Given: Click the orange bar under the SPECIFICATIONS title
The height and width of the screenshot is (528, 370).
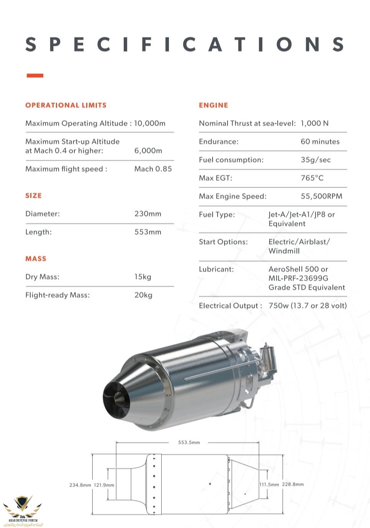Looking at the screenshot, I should [35, 76].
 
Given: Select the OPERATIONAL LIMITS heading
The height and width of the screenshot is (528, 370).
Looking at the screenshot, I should [66, 105].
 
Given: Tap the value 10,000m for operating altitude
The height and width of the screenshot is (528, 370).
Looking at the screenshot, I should [150, 123].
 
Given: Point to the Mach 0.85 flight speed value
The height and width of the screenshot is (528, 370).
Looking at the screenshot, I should [153, 169].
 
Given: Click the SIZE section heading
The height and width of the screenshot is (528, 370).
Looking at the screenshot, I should [33, 196].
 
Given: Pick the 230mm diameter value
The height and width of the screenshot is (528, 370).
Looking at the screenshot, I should [148, 214].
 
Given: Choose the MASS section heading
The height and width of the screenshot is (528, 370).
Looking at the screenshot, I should [36, 259].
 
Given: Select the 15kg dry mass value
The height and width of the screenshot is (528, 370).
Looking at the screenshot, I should [143, 277].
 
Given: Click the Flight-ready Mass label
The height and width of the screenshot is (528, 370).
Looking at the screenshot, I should [57, 295].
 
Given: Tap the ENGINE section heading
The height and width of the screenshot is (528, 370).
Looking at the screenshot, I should [213, 105].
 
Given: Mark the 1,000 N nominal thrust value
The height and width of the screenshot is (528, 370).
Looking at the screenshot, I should [314, 123].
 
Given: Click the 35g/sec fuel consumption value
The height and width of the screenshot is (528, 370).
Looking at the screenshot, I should [316, 160].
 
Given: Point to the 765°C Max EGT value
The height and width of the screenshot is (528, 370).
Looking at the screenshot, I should [312, 178].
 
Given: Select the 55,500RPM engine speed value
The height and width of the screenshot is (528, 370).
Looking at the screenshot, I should [321, 196].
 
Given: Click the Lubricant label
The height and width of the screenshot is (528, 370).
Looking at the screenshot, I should [216, 269].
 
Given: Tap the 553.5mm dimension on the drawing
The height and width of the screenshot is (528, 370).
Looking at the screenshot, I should [189, 442].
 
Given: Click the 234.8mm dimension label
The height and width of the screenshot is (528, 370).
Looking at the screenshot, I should [80, 485].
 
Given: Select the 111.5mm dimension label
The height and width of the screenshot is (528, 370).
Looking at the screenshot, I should [269, 485].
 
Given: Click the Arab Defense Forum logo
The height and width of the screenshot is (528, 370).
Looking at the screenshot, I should [23, 510].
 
